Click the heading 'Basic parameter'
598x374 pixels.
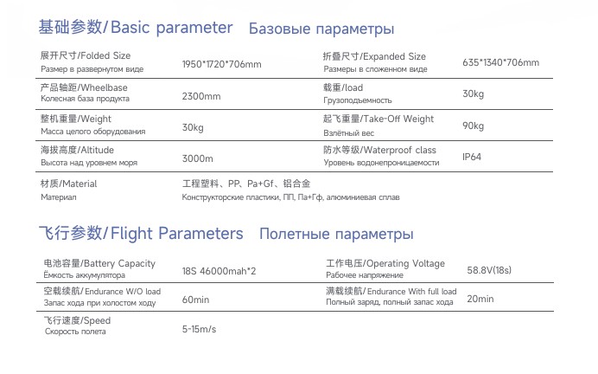pos(172,28)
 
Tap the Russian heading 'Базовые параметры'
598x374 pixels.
pos(321,29)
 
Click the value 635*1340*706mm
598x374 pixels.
pos(500,63)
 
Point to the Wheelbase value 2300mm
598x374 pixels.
pos(201,97)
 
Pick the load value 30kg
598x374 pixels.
pos(473,93)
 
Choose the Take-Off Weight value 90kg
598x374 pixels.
pos(473,126)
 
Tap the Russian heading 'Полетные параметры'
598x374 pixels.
pos(335,235)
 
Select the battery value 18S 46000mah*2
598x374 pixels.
pos(219,271)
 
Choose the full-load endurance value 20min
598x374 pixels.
pos(480,299)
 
